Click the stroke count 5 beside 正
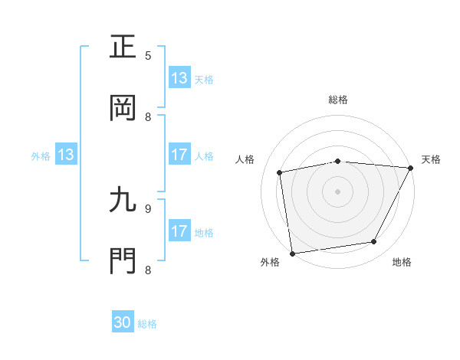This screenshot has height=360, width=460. [x=148, y=55]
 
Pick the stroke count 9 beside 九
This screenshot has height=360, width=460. [x=148, y=208]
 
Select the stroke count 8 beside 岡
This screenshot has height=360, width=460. [x=148, y=116]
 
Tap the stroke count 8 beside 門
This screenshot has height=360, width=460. [x=148, y=270]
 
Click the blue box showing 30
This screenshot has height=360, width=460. [x=123, y=323]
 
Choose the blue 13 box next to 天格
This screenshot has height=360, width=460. [x=179, y=78]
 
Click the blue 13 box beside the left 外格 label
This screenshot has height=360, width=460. [x=66, y=155]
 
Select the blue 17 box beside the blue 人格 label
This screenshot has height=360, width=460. [x=179, y=155]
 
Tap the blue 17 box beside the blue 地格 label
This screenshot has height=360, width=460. [x=179, y=232]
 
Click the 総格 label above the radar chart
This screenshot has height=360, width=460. [x=338, y=100]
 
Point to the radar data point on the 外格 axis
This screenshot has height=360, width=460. [x=292, y=253]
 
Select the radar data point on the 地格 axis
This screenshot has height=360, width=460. [x=374, y=242]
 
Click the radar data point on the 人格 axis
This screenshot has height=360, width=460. [x=280, y=172]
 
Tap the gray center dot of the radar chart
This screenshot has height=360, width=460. [x=337, y=191]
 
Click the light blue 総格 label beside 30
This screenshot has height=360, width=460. [x=147, y=324]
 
